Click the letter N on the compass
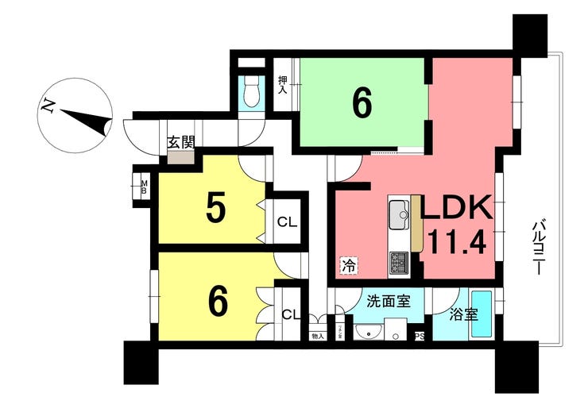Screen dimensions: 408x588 [50, 105]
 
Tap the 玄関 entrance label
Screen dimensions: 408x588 [180, 143]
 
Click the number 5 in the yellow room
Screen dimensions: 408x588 [215, 208]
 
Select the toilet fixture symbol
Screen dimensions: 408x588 [250, 94]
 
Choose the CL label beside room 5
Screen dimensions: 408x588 [287, 221]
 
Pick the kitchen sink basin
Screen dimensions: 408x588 [398, 214]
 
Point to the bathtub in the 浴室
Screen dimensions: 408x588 [482, 314]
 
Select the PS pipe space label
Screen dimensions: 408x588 [420, 336]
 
